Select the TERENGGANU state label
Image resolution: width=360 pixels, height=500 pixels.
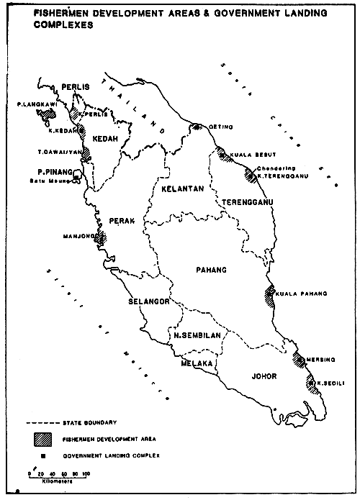[246, 202]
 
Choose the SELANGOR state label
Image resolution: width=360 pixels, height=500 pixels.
[148, 301]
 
